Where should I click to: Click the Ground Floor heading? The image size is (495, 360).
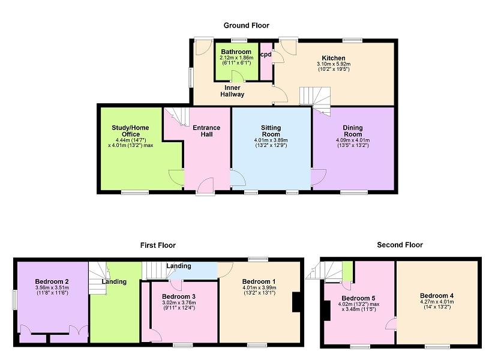click(x=246, y=25)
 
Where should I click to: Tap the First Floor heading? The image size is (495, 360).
click(x=158, y=245)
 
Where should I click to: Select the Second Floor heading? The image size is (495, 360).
click(x=400, y=245)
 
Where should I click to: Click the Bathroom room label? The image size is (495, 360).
click(x=236, y=52)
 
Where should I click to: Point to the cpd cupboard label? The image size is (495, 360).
click(x=266, y=55)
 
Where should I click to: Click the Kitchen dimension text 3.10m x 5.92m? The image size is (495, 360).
click(x=334, y=64)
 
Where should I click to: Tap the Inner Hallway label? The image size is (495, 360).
click(x=232, y=91)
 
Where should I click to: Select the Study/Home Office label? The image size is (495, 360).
click(x=130, y=131)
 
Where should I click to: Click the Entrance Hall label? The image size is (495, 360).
click(x=206, y=131)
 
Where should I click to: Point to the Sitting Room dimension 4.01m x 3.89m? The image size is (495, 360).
click(x=271, y=140)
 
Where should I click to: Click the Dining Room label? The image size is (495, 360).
click(x=353, y=131)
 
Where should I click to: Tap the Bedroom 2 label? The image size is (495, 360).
click(x=52, y=281)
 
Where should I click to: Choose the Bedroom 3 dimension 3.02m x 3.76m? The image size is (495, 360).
click(x=179, y=302)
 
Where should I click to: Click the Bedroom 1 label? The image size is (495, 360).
click(x=259, y=281)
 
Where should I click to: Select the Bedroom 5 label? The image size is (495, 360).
click(x=358, y=298)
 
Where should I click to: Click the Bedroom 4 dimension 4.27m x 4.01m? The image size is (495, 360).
click(x=437, y=302)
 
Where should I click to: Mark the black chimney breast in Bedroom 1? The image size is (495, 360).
click(x=296, y=302)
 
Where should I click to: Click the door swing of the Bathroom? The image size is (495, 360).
click(x=238, y=76)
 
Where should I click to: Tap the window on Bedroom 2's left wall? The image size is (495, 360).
click(x=14, y=300)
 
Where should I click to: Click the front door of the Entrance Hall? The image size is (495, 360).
click(x=205, y=187)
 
